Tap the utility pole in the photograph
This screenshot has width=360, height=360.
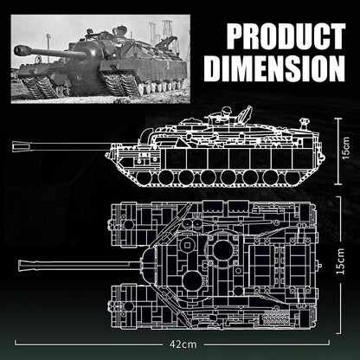click(x=48, y=40)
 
